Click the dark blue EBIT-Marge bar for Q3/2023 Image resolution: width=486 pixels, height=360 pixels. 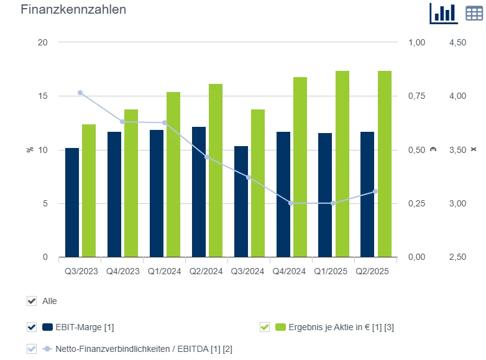point(72,203)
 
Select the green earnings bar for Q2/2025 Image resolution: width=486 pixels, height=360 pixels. point(385,164)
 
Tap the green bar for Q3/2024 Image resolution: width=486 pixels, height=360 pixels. point(258,183)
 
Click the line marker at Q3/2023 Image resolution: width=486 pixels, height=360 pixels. point(80,93)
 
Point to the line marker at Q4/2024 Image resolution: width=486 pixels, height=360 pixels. point(291,203)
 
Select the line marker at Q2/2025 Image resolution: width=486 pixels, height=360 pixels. point(375,192)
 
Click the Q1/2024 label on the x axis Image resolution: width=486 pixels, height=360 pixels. point(165,271)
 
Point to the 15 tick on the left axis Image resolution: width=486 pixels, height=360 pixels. point(43,96)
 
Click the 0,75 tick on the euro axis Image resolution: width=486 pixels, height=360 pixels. point(416,96)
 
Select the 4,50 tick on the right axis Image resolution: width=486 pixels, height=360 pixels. point(457,43)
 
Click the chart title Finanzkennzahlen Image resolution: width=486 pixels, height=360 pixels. point(73,10)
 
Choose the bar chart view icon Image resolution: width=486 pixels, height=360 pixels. point(444,12)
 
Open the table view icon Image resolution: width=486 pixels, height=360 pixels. point(475,12)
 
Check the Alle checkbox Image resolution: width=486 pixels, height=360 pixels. point(32,301)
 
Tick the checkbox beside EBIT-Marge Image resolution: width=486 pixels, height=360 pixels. point(32,327)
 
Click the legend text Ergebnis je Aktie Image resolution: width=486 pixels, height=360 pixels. point(341,327)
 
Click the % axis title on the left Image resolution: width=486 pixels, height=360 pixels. point(29,150)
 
